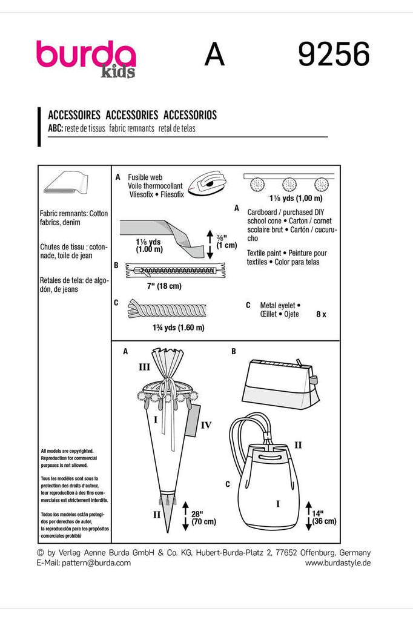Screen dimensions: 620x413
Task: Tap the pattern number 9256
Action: pos(333,56)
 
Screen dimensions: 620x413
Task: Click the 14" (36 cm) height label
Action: pos(324,516)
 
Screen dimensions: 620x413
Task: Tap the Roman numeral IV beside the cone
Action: pos(206,426)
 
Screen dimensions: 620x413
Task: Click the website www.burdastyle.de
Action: pos(337,562)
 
